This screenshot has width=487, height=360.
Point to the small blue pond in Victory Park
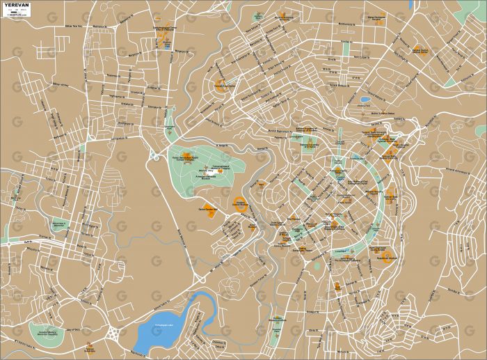365,100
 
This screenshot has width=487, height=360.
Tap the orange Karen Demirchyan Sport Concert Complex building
186,155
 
